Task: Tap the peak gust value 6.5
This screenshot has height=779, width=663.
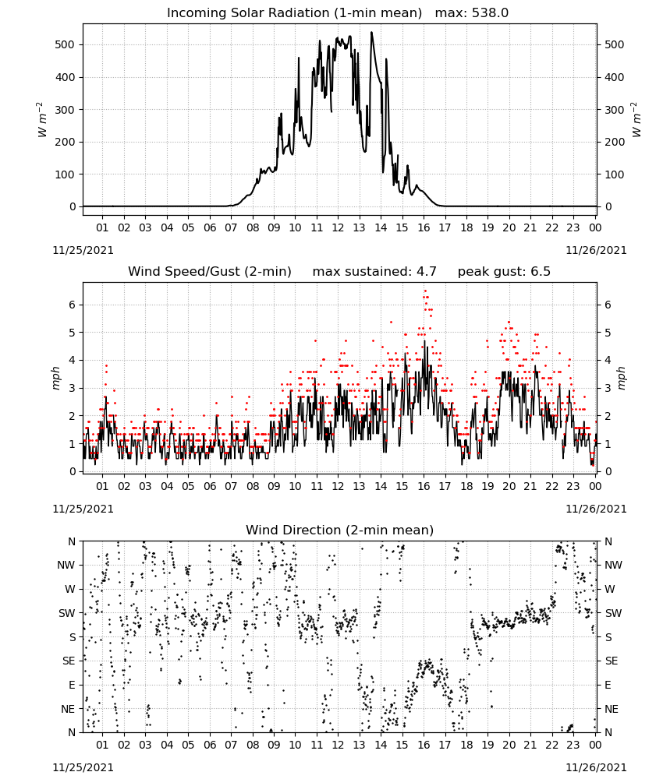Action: click(540, 271)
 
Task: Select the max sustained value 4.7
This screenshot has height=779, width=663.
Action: click(426, 271)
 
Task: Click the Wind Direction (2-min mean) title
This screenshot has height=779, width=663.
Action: click(340, 530)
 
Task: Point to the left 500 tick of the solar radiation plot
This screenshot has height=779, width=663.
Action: click(65, 44)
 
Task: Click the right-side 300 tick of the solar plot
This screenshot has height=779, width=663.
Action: click(615, 110)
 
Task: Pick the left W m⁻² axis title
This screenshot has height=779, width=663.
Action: click(42, 120)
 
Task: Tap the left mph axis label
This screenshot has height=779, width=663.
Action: click(55, 378)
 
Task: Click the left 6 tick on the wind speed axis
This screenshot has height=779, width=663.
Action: click(72, 305)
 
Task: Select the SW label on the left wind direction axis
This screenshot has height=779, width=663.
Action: click(67, 613)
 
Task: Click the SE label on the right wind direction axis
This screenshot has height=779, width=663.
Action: click(612, 661)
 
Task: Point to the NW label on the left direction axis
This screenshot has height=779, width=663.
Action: click(66, 565)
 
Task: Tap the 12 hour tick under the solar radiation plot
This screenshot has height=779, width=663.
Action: click(338, 227)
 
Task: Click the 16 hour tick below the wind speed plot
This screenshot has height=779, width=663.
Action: click(424, 486)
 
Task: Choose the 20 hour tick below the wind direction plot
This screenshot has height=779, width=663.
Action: click(509, 744)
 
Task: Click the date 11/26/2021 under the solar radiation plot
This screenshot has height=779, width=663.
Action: click(596, 250)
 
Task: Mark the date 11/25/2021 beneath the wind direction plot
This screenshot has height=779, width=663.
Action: click(83, 767)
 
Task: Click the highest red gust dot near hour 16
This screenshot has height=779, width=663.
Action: click(425, 291)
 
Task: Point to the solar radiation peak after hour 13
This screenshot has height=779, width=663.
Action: click(371, 32)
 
